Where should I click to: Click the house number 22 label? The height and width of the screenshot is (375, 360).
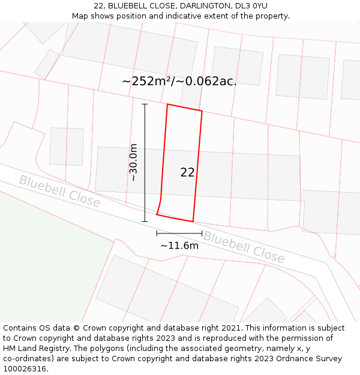tap(187, 173)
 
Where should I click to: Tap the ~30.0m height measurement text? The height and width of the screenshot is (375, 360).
tap(133, 163)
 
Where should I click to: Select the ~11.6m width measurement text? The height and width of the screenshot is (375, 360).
tap(179, 245)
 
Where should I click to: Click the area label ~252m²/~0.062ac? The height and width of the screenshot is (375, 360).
tap(179, 82)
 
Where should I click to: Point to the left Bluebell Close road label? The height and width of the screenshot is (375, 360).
tap(59, 191)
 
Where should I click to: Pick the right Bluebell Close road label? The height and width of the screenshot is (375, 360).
tap(244, 247)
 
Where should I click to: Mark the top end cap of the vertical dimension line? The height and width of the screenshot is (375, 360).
tap(145, 104)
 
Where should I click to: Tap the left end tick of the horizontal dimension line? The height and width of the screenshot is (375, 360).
tap(157, 233)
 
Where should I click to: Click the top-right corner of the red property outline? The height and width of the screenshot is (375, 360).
tap(202, 111)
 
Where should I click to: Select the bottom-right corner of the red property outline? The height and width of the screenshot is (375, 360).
tap(193, 221)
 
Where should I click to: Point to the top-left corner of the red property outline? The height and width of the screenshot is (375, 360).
tap(167, 104)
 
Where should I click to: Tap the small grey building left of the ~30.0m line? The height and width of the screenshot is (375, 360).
tap(67, 146)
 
